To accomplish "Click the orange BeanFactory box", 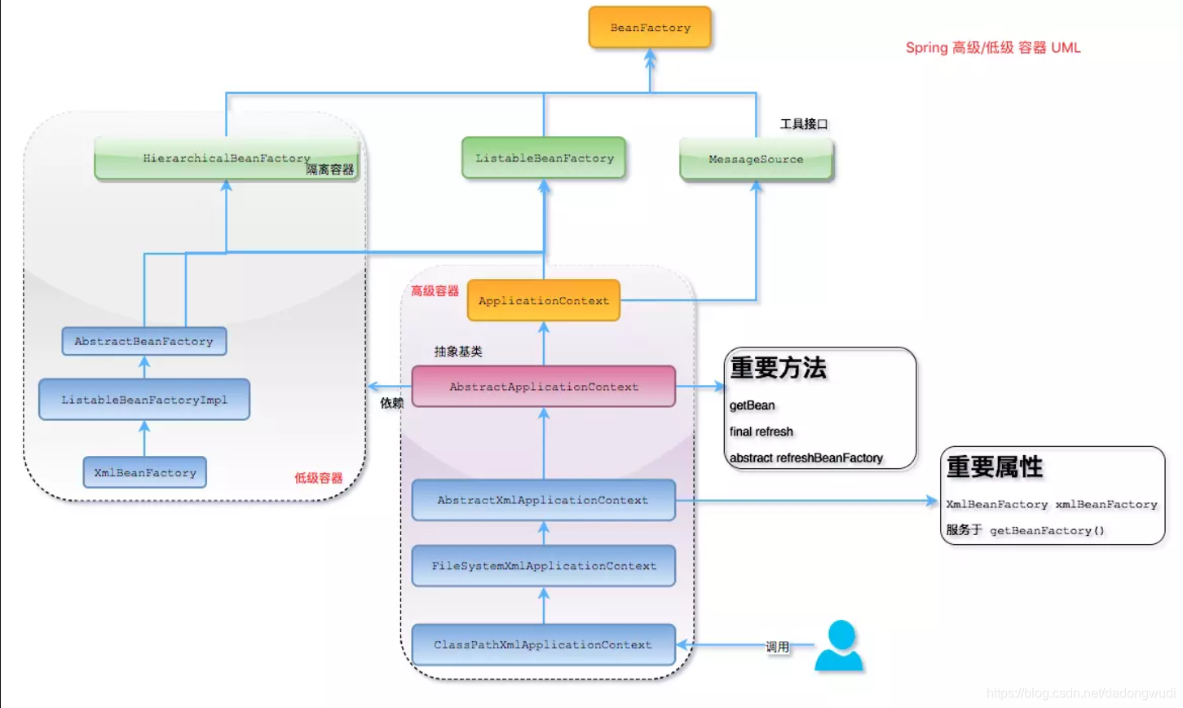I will pos(650,28).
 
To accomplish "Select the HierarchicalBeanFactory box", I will pos(226,158).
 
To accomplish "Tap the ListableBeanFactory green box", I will pos(544,158).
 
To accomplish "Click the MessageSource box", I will pos(756,159).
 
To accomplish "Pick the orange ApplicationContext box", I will pos(544,301).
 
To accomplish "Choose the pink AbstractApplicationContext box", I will pos(544,387).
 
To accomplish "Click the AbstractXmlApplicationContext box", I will pos(544,500).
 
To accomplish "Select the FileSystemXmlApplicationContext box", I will pos(544,566).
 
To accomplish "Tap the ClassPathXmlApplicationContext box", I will pos(544,645).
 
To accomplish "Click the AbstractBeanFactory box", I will pos(144,341).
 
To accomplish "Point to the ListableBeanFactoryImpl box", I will pos(144,400).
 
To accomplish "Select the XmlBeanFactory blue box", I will pos(145,473).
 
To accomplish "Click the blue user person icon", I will pos(840,647).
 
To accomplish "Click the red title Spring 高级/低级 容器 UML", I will pos(993,47).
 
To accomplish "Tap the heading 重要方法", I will pos(778,368).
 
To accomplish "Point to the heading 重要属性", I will pos(995,467).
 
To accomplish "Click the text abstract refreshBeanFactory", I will pos(806,458).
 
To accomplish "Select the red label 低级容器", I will pos(318,478).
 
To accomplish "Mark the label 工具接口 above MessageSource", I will pos(803,124).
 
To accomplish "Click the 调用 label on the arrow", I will pos(777,647).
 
